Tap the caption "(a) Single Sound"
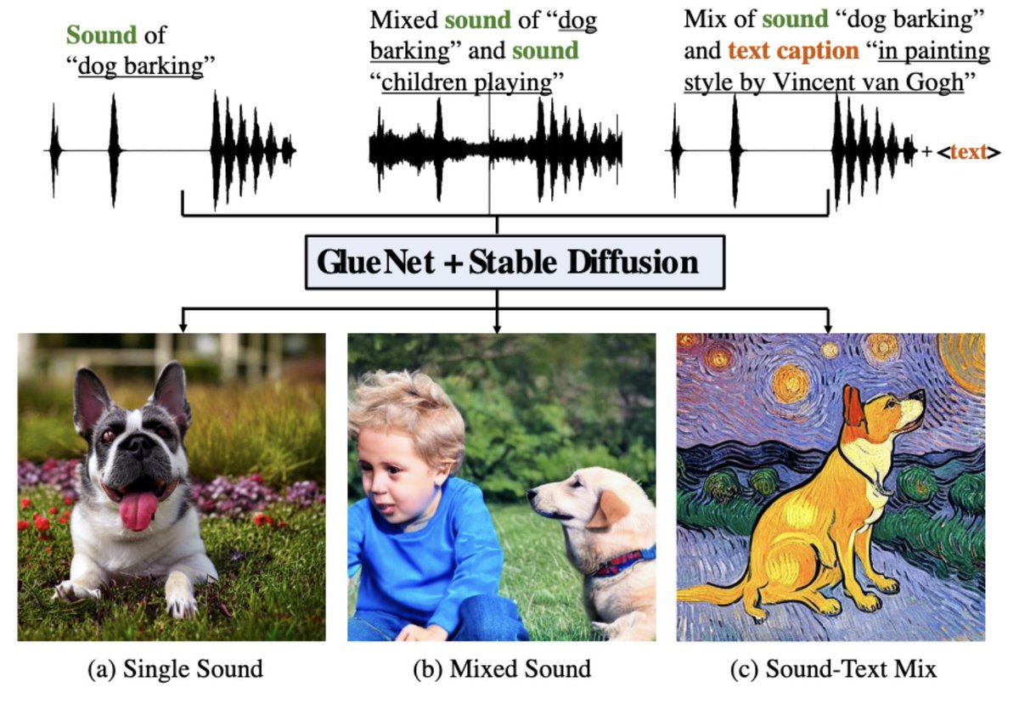point(175,669)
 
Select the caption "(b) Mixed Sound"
point(501,669)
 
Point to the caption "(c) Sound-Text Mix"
point(833,669)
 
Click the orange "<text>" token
point(968,153)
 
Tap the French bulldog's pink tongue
point(138,510)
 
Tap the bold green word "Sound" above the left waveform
point(101,36)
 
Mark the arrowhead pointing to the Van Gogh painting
point(827,327)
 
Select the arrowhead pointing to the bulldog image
point(183,327)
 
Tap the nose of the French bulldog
point(136,465)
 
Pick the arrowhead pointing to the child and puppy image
point(497,327)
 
